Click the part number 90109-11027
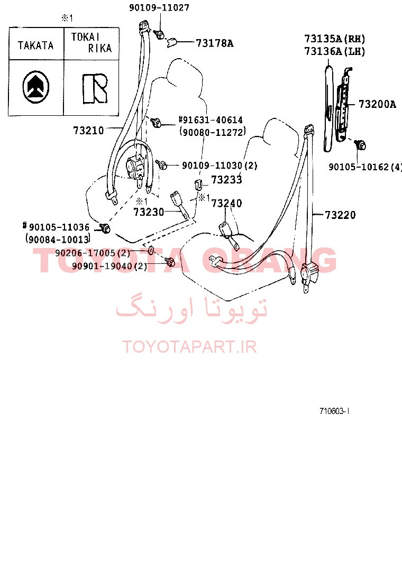click(x=159, y=7)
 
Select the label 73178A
click(x=215, y=43)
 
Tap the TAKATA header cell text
click(x=36, y=45)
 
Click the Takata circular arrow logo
click(x=35, y=87)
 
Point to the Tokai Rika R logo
click(x=95, y=88)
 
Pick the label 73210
click(x=88, y=131)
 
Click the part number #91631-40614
click(x=211, y=120)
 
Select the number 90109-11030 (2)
click(x=220, y=166)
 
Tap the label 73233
click(x=226, y=180)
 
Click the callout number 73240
click(x=226, y=203)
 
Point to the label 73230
click(x=149, y=212)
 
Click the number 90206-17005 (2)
click(x=93, y=253)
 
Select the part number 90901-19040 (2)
click(x=109, y=267)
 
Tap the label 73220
click(x=340, y=215)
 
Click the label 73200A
click(x=377, y=104)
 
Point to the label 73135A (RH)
click(x=335, y=39)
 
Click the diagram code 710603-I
click(x=334, y=411)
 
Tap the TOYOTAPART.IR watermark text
click(x=189, y=347)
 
